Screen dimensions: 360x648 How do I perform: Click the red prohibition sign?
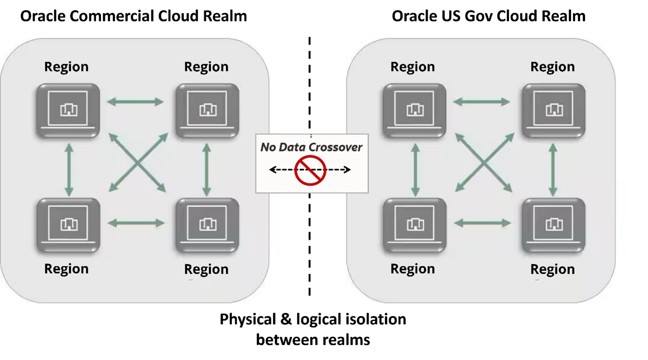[310, 170]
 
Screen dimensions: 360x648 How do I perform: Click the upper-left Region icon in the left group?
[68, 110]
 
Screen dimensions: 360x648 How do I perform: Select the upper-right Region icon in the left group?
[207, 110]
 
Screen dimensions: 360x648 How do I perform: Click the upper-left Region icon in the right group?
[414, 110]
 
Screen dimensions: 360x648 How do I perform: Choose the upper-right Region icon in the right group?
[553, 110]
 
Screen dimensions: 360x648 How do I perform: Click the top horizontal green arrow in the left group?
[135, 102]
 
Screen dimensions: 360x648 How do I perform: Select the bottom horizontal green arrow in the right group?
[482, 223]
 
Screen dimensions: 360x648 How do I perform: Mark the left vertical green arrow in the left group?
[68, 170]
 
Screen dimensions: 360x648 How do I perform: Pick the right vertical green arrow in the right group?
[553, 170]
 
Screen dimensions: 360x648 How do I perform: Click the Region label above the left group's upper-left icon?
[66, 67]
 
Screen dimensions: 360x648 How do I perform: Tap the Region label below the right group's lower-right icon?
[552, 269]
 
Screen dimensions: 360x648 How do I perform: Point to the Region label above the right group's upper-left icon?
[412, 67]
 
